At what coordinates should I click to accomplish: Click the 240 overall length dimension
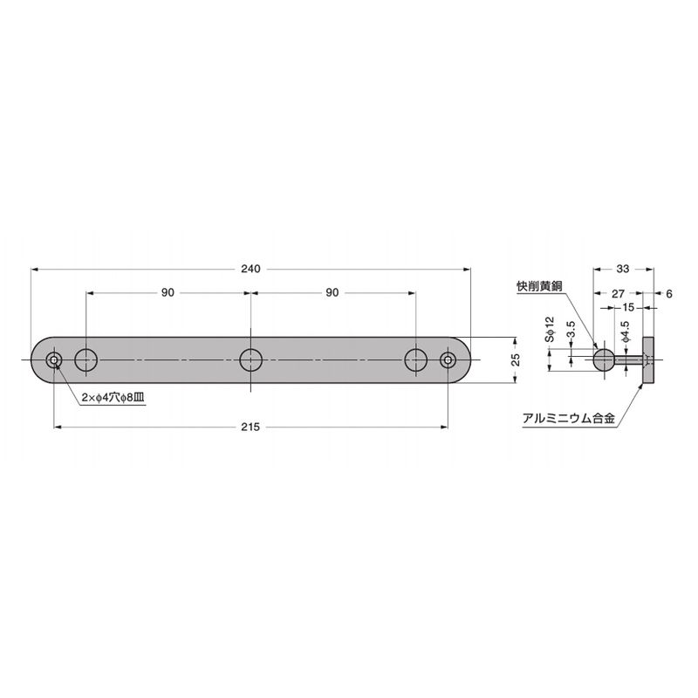coord(250,269)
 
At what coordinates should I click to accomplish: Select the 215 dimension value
coord(250,427)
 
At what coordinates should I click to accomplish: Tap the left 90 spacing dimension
coord(168,292)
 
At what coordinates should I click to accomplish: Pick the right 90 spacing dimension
coord(332,292)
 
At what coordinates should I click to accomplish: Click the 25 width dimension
coord(516,359)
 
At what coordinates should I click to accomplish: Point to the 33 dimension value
coord(623,269)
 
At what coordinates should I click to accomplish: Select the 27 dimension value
coord(619,294)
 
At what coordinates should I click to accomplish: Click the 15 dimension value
coord(628,307)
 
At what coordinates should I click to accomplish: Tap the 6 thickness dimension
coord(669,294)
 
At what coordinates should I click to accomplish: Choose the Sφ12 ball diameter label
coord(550,330)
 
